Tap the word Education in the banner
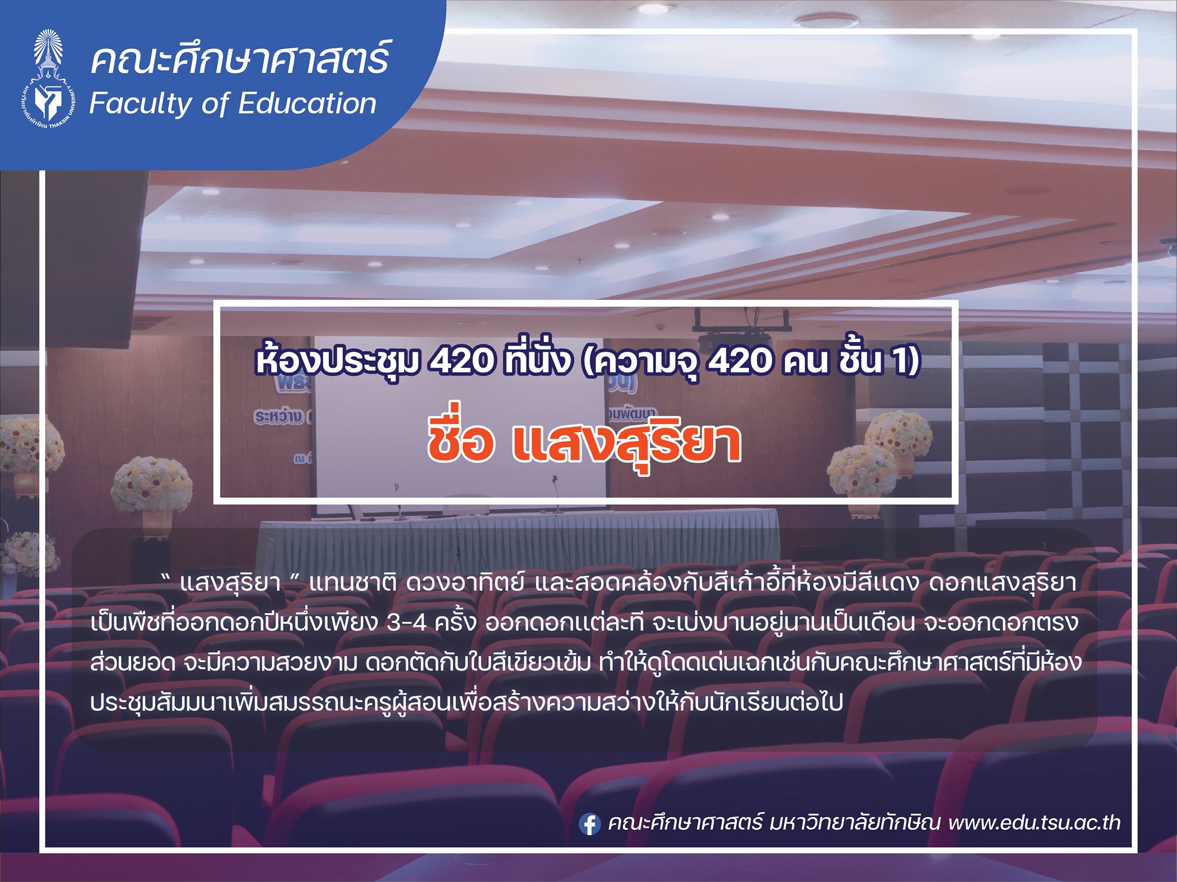(307, 103)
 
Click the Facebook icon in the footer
(590, 824)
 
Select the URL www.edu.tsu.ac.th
(1034, 823)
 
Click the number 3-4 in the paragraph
(406, 622)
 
